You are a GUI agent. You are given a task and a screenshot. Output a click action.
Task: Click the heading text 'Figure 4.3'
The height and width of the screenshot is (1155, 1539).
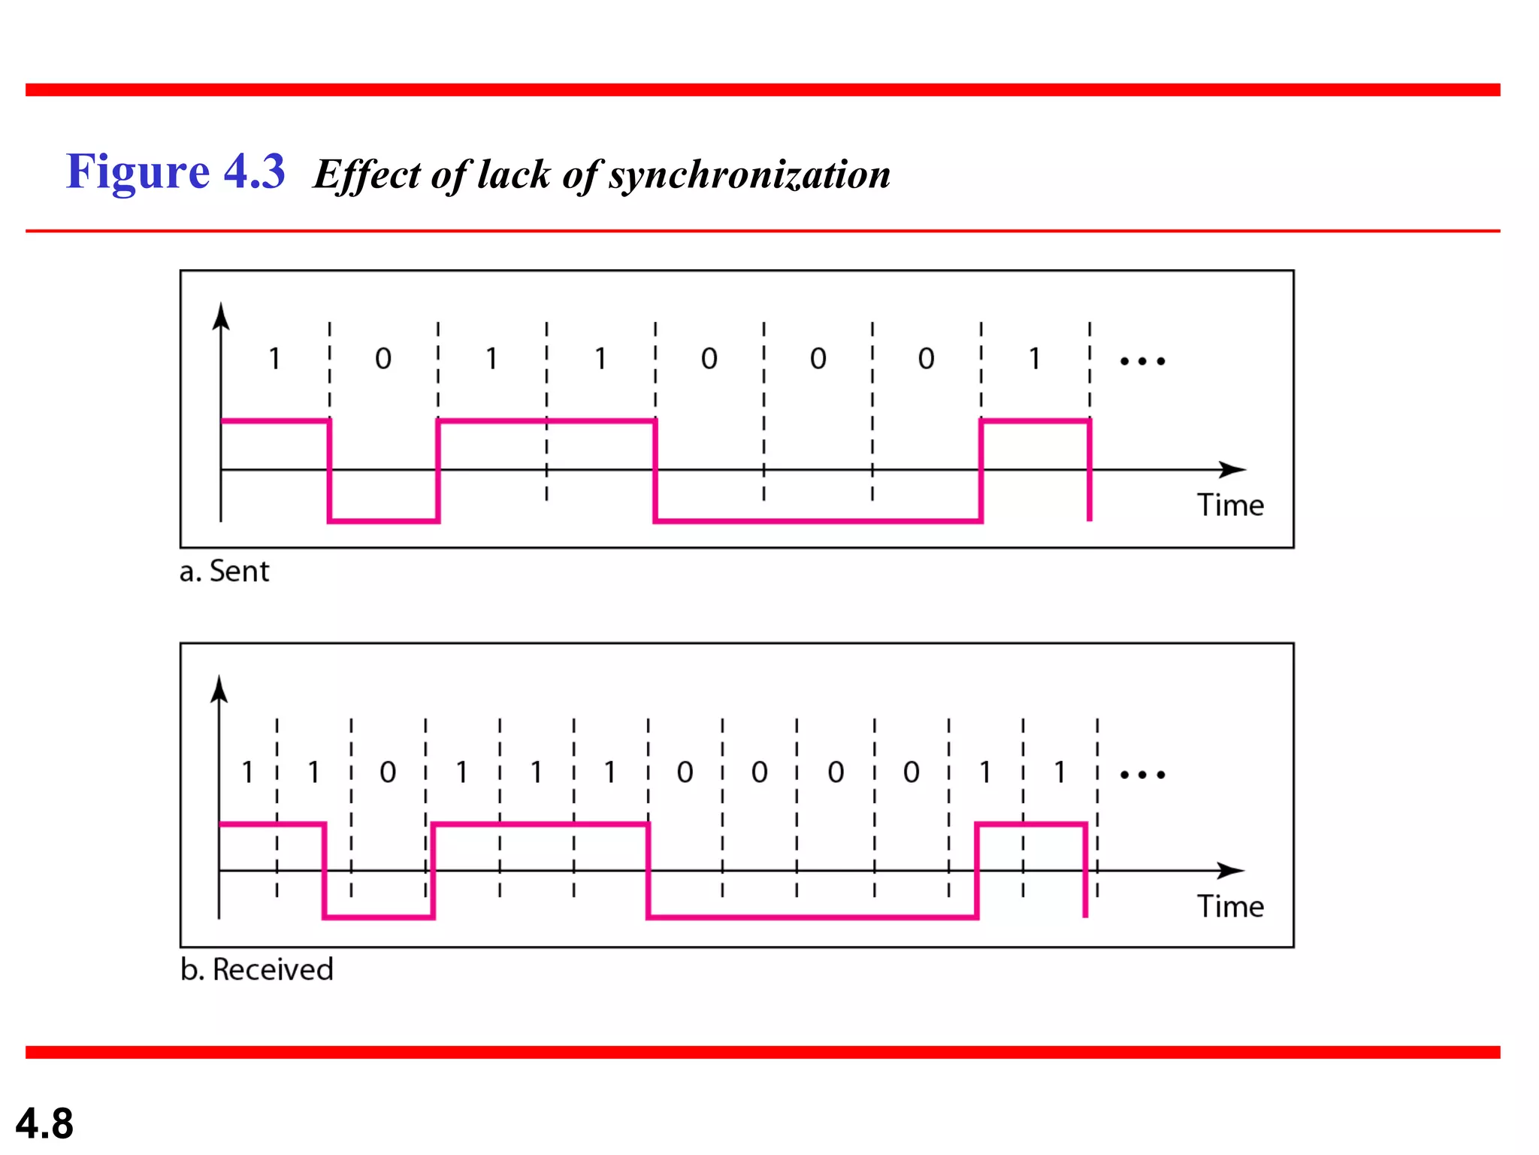[x=175, y=171]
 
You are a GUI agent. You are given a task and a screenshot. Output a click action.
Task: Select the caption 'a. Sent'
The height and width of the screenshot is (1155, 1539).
[x=224, y=571]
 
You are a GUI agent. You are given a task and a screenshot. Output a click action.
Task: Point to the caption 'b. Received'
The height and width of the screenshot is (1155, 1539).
[x=256, y=969]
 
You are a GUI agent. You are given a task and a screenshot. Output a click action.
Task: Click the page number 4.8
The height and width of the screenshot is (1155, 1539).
[x=44, y=1123]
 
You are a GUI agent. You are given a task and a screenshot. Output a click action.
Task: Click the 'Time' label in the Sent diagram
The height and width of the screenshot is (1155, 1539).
[x=1230, y=505]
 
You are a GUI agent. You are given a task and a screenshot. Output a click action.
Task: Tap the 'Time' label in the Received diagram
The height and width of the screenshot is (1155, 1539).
[x=1230, y=906]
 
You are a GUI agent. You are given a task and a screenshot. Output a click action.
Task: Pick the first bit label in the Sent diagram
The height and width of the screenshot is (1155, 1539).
[x=274, y=359]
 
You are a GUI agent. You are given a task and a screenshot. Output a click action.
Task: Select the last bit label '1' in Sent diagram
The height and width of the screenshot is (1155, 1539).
[x=1035, y=359]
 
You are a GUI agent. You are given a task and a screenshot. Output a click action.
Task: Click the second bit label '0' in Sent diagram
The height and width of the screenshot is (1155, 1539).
[x=383, y=359]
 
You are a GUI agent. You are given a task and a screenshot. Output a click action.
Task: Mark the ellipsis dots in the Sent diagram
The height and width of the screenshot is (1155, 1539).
[x=1142, y=362]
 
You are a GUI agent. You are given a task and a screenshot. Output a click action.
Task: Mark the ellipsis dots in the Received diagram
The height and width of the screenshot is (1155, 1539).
[x=1142, y=775]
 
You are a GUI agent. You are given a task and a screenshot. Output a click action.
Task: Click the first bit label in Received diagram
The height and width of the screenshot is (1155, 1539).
[x=247, y=772]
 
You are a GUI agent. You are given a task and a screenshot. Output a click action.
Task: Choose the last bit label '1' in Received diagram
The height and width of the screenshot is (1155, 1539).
[x=1060, y=772]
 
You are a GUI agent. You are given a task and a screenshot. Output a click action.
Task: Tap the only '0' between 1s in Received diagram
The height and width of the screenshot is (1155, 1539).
[x=388, y=772]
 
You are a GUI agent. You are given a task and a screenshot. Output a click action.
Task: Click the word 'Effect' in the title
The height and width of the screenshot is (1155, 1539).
[x=367, y=174]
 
